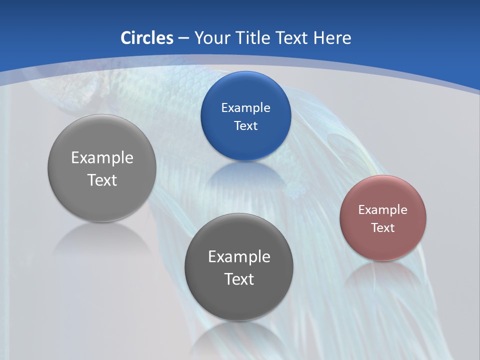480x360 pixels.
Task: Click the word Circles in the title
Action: [x=146, y=38]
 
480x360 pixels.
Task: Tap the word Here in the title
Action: [x=332, y=38]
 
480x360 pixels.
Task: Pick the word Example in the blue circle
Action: [x=245, y=107]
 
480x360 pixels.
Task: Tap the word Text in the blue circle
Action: [x=245, y=125]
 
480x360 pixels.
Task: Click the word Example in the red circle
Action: [x=382, y=209]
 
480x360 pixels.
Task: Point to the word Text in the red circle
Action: [x=383, y=227]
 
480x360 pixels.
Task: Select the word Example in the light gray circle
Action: [x=102, y=157]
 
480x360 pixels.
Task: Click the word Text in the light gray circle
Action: [x=102, y=179]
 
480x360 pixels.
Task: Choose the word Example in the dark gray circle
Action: [x=239, y=256]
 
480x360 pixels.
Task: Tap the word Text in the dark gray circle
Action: [x=239, y=278]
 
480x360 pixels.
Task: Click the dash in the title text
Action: [x=183, y=38]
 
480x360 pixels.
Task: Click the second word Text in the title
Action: [x=292, y=38]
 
